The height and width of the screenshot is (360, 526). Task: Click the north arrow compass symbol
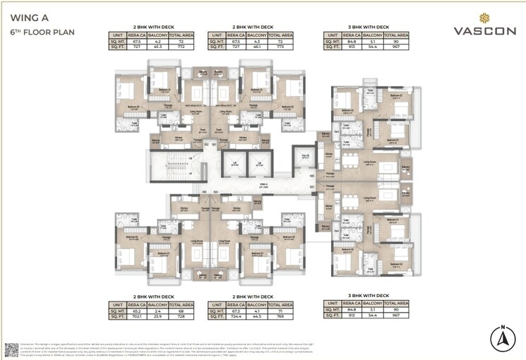502,339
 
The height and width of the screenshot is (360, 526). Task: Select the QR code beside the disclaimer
12,349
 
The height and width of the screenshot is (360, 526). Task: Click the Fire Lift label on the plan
306,157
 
